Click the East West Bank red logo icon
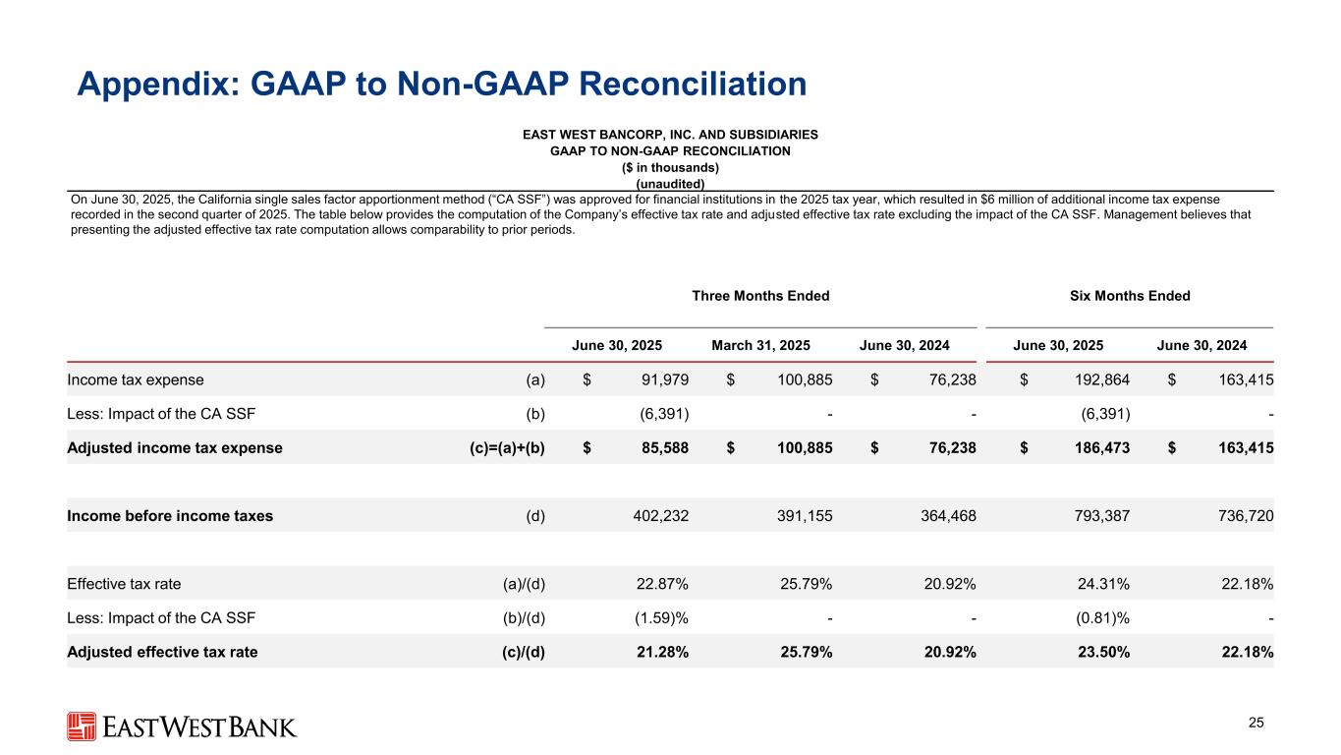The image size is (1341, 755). pyautogui.click(x=83, y=726)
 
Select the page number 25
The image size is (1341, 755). pyautogui.click(x=1256, y=724)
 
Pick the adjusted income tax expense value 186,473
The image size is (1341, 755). pyautogui.click(x=1096, y=447)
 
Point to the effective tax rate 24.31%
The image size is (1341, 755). pyautogui.click(x=1102, y=583)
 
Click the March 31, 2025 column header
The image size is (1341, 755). pyautogui.click(x=760, y=345)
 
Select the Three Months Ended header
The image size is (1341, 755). pyautogui.click(x=760, y=296)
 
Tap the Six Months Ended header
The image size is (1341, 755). pyautogui.click(x=1130, y=296)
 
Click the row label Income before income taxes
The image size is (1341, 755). pyautogui.click(x=170, y=515)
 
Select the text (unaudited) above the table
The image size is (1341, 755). pyautogui.click(x=670, y=183)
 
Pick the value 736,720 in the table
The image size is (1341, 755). pyautogui.click(x=1241, y=515)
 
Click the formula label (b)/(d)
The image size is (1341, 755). pyautogui.click(x=523, y=617)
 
